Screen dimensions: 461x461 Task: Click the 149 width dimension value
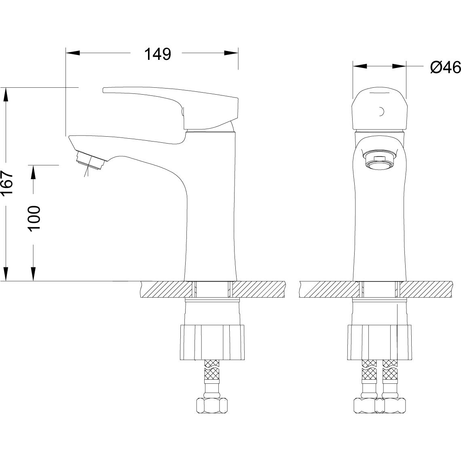pos(158,55)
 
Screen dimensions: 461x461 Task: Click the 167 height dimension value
pos(7,183)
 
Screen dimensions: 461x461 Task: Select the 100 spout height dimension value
pos(34,218)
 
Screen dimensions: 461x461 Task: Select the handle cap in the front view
pos(379,109)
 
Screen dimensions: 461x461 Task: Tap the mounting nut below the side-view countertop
pos(212,342)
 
